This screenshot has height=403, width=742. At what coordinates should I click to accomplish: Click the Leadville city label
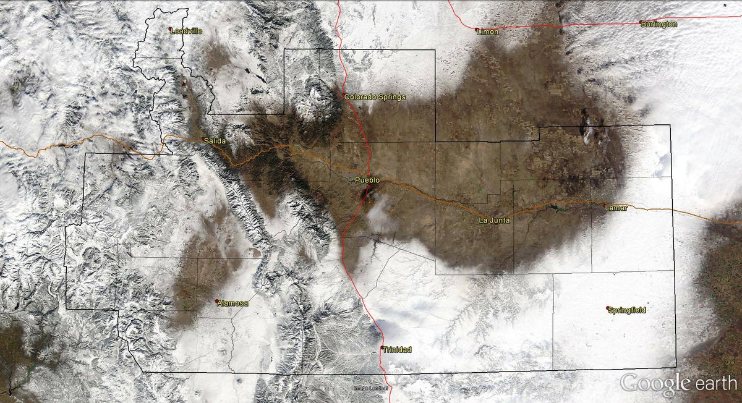coord(187,30)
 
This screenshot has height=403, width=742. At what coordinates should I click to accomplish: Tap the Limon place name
coord(488,32)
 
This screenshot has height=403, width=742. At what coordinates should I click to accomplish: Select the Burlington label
coord(660,24)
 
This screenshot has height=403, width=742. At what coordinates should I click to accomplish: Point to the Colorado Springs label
coord(375,97)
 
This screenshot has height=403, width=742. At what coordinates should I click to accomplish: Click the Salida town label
coord(215,142)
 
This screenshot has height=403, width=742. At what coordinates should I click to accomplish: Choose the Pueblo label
coord(367,180)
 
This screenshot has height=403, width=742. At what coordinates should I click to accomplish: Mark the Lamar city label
coord(616,208)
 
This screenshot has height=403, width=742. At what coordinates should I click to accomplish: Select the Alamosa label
coord(233,303)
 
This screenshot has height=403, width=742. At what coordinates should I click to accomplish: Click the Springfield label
coord(628,310)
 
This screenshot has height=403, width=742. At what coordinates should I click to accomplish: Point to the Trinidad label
coord(397,350)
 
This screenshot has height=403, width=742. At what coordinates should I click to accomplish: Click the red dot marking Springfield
coord(608,308)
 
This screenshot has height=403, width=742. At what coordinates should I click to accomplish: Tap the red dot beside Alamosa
coord(217,301)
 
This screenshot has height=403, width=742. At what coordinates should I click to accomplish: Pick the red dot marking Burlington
coord(641,23)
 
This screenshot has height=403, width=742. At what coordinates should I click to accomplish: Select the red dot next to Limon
coord(477,29)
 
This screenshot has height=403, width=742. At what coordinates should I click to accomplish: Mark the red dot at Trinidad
coord(382,349)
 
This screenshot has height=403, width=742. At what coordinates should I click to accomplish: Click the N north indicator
coord(724,5)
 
